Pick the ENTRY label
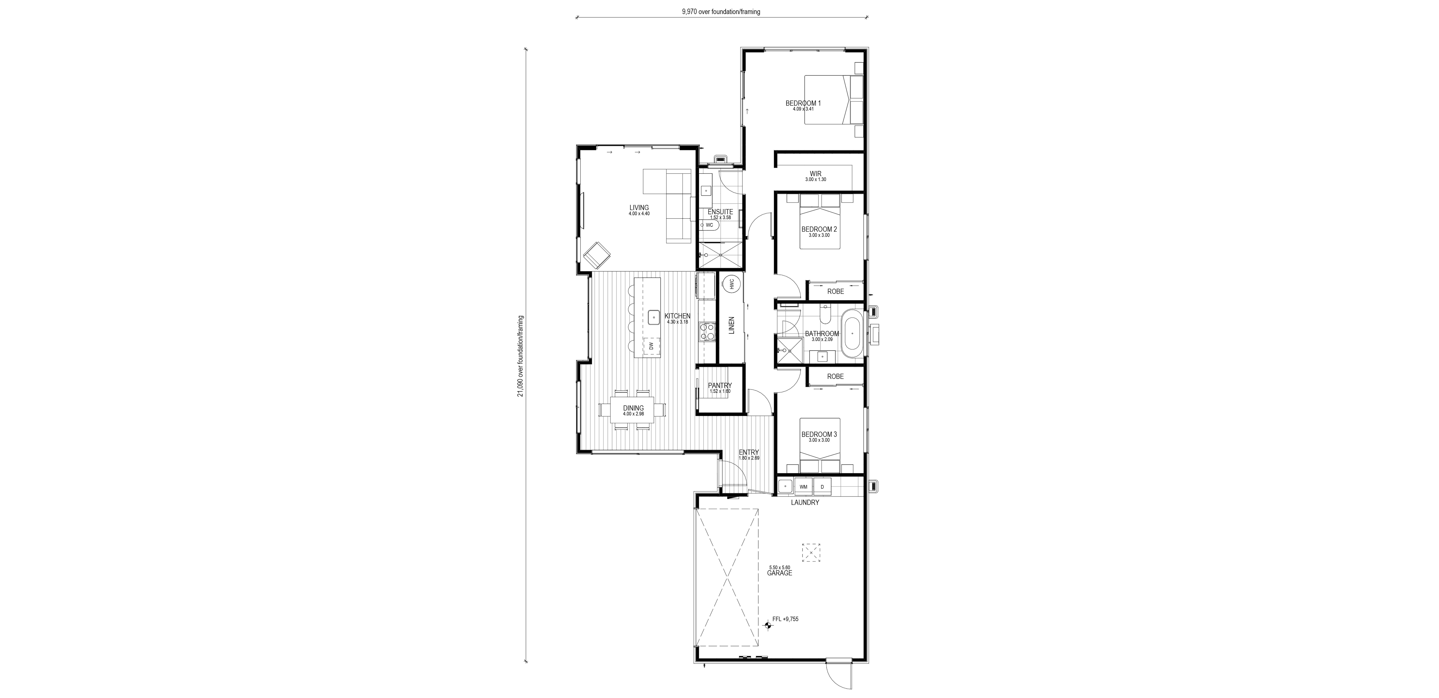[748, 452]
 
